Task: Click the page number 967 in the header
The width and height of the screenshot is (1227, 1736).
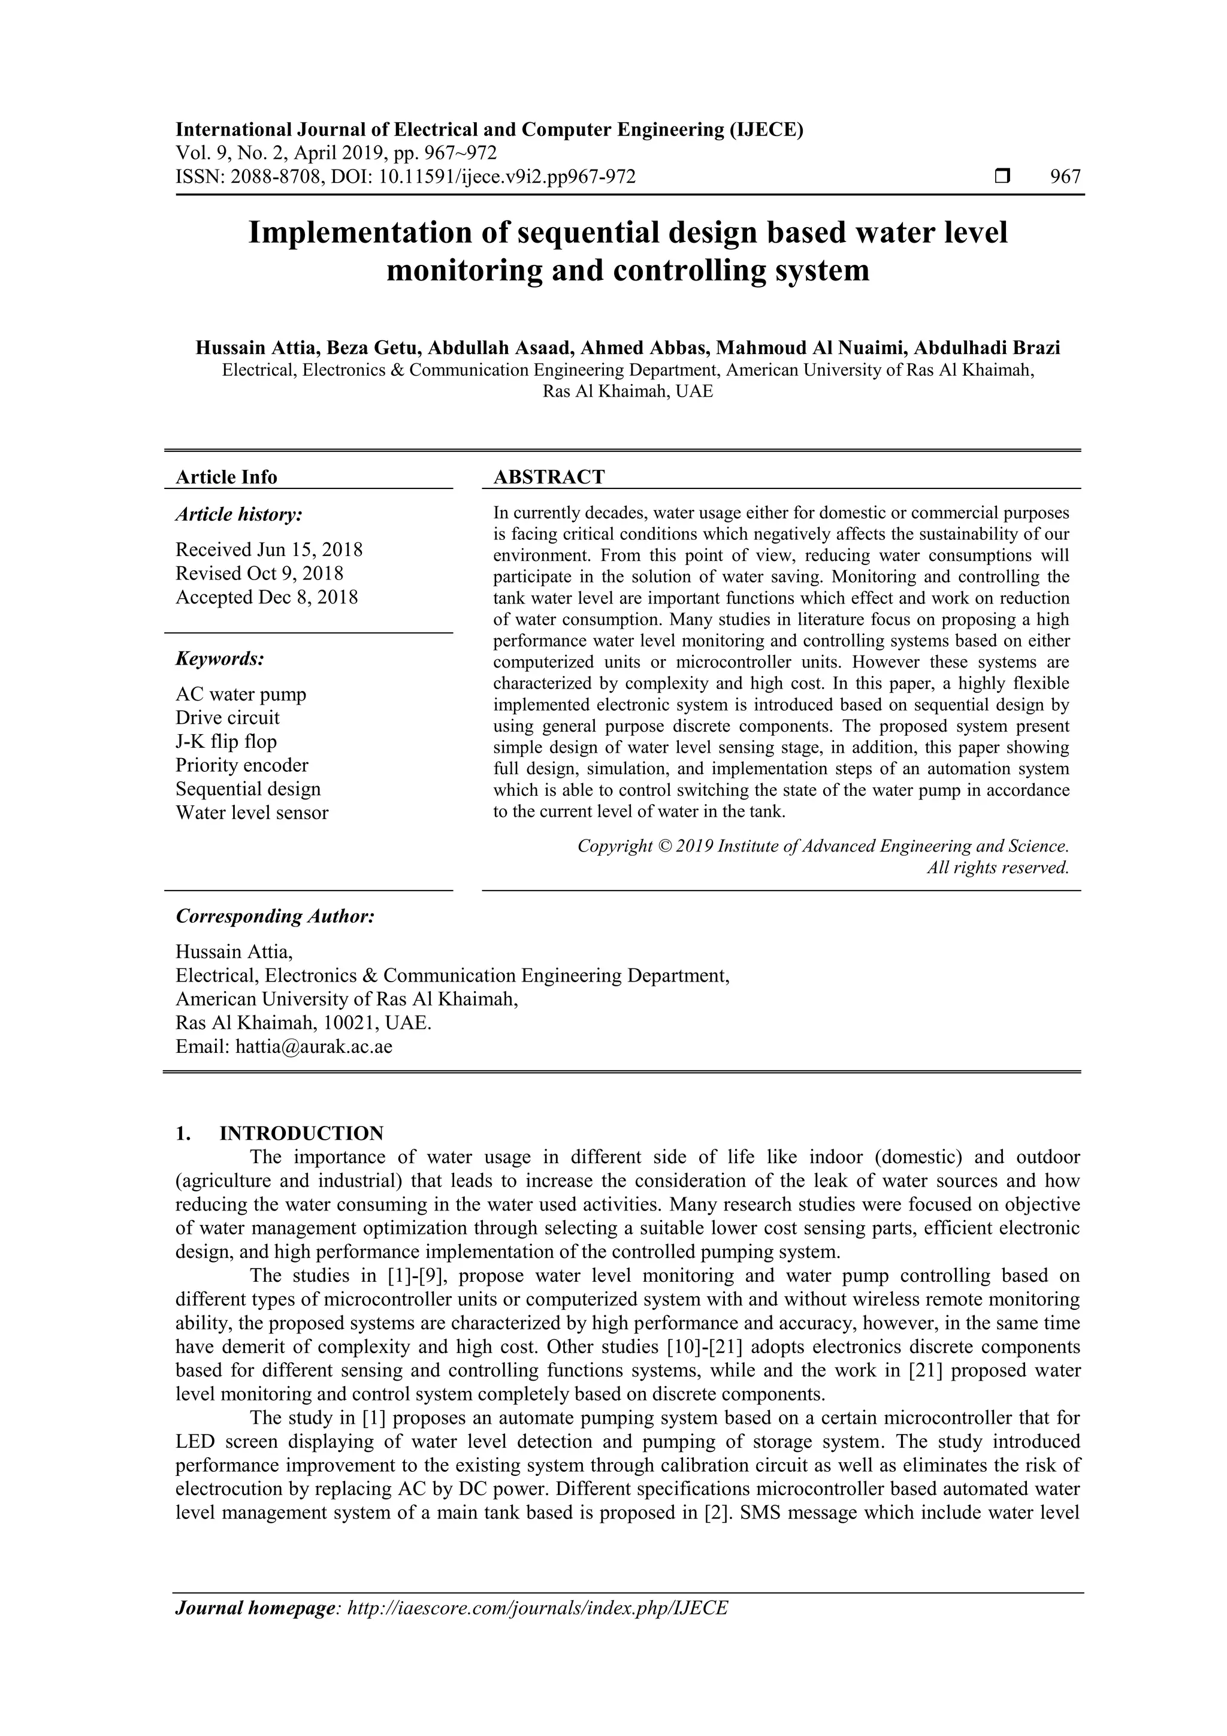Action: pyautogui.click(x=1065, y=177)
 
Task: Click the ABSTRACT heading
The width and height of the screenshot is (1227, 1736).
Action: pyautogui.click(x=549, y=477)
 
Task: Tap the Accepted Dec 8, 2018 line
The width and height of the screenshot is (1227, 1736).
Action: pyautogui.click(x=267, y=597)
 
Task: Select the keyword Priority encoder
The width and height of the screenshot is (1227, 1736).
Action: pyautogui.click(x=242, y=765)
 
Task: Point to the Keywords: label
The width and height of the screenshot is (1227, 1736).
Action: pyautogui.click(x=220, y=659)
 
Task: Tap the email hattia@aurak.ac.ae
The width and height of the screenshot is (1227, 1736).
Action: pyautogui.click(x=314, y=1047)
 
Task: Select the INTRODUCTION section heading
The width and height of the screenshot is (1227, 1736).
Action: pyautogui.click(x=301, y=1133)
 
